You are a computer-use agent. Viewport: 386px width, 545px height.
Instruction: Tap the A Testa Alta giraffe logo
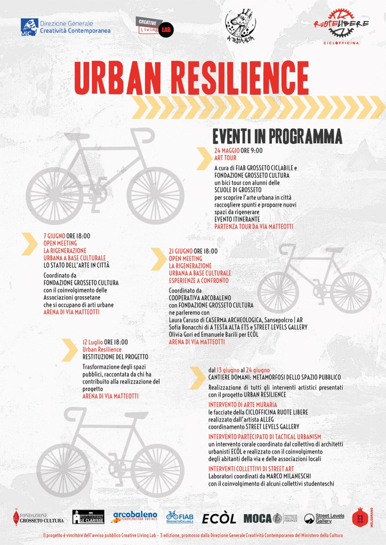click(x=240, y=25)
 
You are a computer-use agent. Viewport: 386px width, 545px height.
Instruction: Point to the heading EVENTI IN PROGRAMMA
click(x=277, y=136)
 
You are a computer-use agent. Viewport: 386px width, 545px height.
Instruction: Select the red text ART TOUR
click(x=224, y=158)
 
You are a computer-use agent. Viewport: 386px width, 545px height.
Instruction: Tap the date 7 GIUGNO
click(x=54, y=236)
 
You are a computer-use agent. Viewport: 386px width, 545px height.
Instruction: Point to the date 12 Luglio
click(x=93, y=342)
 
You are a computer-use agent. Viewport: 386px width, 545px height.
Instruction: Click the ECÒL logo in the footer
click(x=219, y=518)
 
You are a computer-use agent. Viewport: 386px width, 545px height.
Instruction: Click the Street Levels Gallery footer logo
click(x=324, y=518)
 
